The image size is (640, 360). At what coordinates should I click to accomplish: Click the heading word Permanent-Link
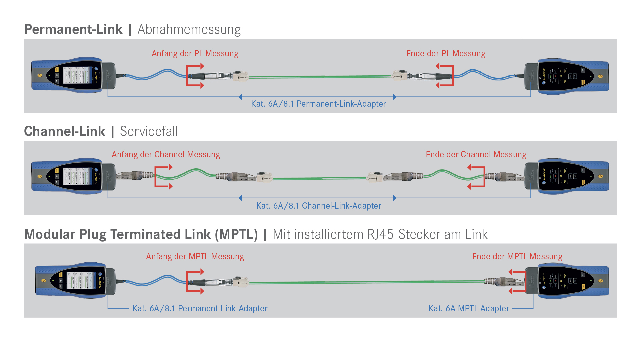73,29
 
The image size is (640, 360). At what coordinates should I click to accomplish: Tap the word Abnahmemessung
189,29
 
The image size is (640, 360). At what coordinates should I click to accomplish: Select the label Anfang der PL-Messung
195,53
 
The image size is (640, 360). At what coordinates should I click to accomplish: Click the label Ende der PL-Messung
446,53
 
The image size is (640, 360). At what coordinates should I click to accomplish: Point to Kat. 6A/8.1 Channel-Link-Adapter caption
319,206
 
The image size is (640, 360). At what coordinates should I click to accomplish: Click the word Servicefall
149,131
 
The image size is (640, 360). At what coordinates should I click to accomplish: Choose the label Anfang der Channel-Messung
166,154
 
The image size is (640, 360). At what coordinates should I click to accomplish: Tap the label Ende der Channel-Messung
476,154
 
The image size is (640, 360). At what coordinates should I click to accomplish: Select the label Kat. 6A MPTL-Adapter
469,308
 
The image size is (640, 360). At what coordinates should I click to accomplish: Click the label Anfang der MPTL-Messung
195,256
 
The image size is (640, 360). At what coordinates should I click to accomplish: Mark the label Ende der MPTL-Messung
517,256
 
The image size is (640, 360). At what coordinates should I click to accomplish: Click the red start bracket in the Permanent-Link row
188,76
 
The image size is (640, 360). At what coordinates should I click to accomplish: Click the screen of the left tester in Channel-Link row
77,176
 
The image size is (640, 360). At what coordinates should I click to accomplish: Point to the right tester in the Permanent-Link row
567,76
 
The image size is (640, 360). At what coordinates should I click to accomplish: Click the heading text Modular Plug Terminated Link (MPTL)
141,234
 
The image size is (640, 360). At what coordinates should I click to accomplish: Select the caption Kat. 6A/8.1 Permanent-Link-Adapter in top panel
318,104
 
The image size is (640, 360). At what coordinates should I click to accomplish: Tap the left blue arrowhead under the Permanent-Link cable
241,97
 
